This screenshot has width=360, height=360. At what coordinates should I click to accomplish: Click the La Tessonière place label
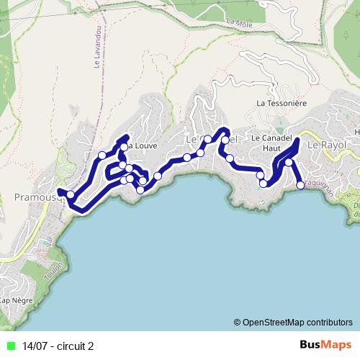[x=282, y=104]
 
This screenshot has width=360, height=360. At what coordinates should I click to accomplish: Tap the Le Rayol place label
[x=327, y=145]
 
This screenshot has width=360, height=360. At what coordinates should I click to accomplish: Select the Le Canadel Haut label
[x=266, y=142]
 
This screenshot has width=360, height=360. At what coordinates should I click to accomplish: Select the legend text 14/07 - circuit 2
[x=58, y=346]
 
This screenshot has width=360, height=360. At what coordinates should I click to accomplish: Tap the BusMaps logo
[x=325, y=346]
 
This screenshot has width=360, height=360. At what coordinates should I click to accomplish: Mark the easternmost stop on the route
[x=301, y=186]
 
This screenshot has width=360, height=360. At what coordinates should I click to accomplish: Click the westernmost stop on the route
[x=71, y=194]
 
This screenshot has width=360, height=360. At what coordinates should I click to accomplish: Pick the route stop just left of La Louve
[x=124, y=147]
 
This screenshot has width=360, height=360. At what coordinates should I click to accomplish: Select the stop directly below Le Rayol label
[x=289, y=163]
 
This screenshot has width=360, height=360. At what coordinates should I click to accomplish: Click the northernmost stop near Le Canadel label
[x=225, y=140]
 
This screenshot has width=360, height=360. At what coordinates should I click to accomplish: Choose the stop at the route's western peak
[x=102, y=155]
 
